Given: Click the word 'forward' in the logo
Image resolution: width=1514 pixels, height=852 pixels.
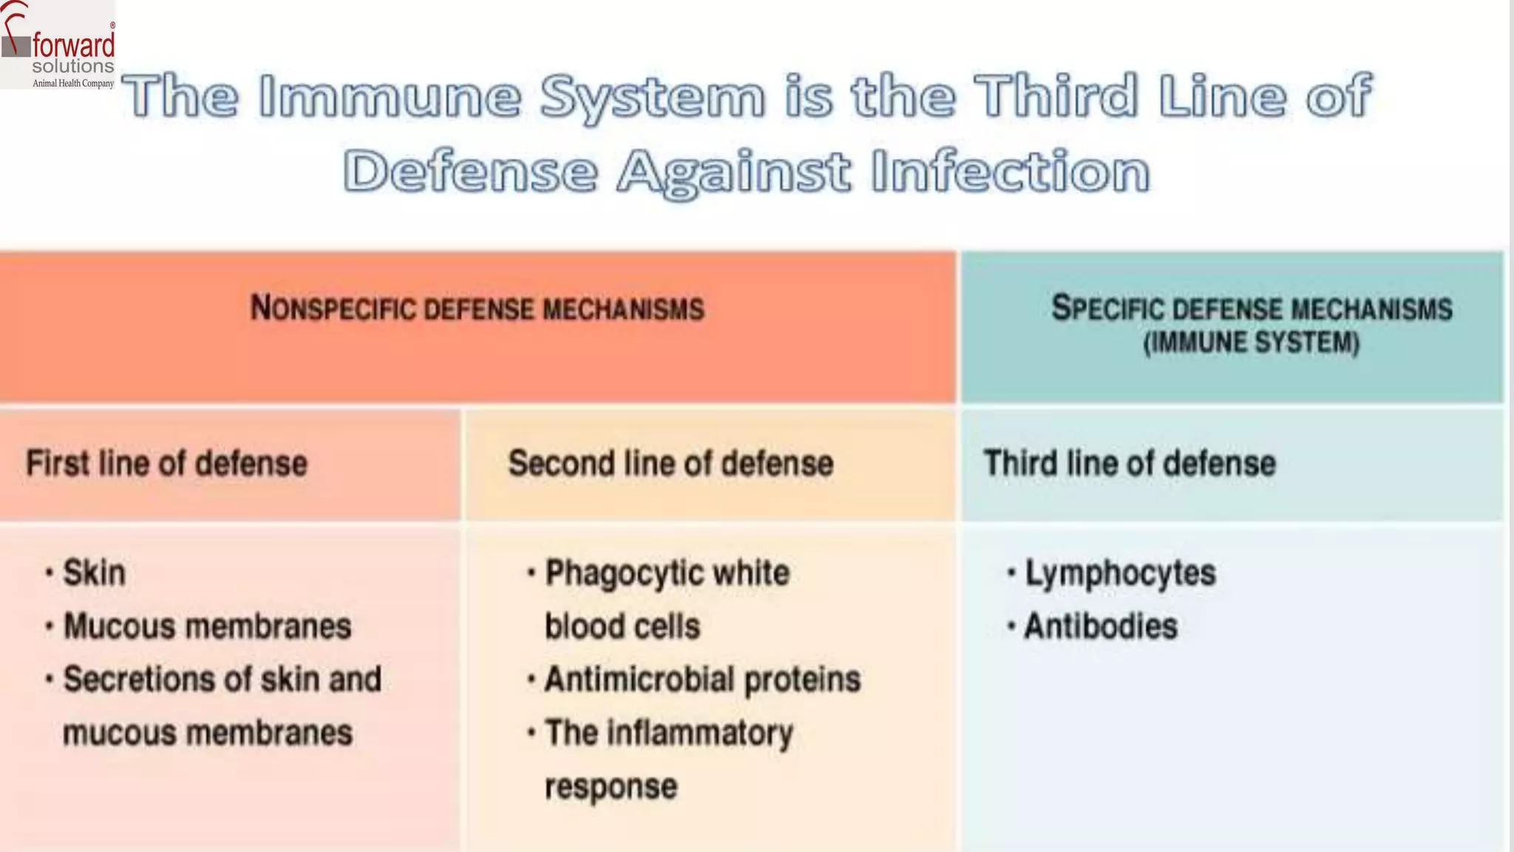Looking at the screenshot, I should pos(73,46).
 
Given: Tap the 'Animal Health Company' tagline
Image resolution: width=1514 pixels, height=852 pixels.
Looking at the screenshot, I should pos(73,84).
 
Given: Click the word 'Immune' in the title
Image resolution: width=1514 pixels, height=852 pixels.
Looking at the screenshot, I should pos(390,97).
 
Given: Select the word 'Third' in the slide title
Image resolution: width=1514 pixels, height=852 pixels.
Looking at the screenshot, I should pos(1056,97).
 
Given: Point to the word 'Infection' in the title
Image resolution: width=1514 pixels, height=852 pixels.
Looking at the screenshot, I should pos(1010,172).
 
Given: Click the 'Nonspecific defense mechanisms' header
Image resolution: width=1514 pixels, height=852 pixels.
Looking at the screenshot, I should pos(477,308).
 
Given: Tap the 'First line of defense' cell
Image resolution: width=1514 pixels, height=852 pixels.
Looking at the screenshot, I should pos(166,464).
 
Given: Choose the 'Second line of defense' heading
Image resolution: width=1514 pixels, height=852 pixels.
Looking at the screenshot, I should pos(671,464).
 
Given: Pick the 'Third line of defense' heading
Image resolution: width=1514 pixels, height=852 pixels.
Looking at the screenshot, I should pos(1129,464).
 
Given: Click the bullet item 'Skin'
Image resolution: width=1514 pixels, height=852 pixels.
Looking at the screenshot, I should pos(94,573).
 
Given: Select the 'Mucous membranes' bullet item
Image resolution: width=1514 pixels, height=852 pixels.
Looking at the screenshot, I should pos(207,626).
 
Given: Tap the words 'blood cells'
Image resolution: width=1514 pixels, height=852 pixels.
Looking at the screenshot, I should pos(622,626).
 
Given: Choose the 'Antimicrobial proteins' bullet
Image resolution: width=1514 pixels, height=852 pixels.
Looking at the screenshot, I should pos(702,680).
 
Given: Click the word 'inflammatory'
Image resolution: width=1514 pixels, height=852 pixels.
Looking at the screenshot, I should pos(699,733).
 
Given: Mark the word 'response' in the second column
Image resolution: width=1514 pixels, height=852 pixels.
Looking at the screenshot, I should pos(611,786).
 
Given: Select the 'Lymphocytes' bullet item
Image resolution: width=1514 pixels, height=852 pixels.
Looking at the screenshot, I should pos(1120,573).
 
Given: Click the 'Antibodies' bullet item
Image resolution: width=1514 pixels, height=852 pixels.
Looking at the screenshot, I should pos(1100,626).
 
